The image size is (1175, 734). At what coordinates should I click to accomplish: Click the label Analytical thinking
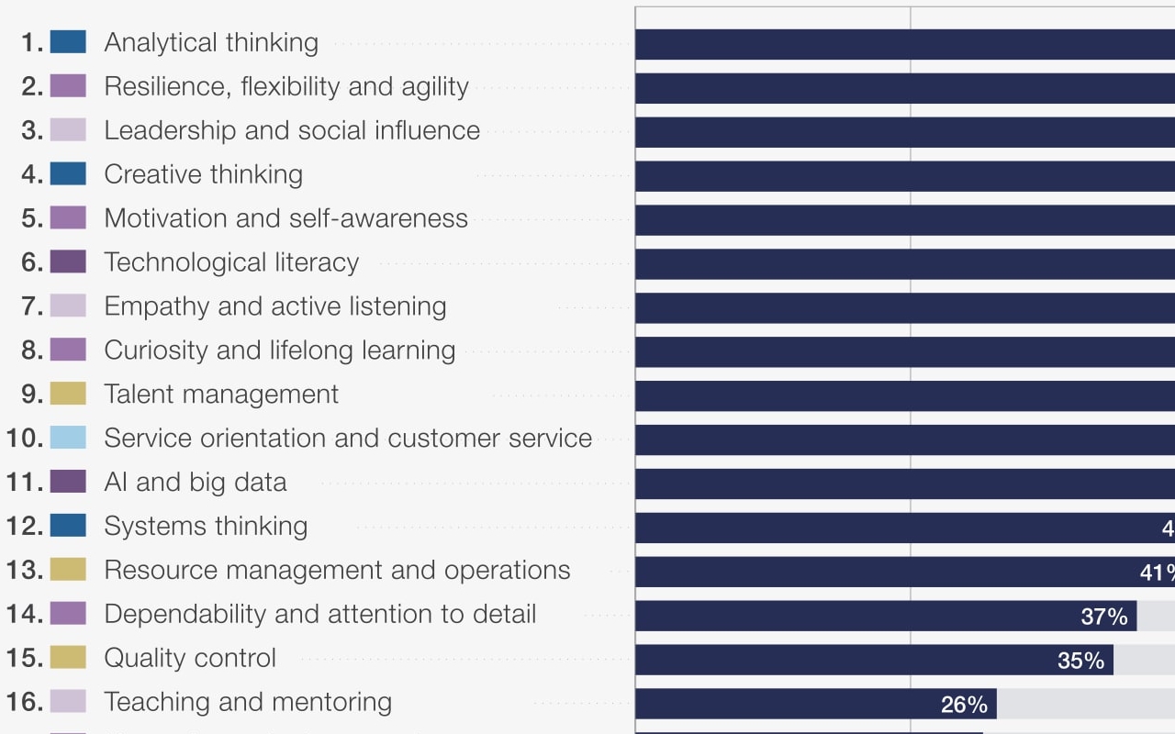[211, 42]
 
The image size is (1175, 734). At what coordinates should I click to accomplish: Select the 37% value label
[1104, 617]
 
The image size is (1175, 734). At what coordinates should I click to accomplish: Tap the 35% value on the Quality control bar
[1080, 661]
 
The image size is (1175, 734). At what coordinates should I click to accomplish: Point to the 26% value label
[964, 705]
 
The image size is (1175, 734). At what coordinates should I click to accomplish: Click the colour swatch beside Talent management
[68, 394]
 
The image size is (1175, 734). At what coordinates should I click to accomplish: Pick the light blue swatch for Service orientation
[68, 438]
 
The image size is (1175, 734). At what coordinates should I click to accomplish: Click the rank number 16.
[25, 702]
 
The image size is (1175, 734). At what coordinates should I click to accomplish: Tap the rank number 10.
[25, 438]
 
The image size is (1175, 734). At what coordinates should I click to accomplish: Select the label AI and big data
[196, 482]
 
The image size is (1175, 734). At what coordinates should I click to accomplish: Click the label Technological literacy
[231, 262]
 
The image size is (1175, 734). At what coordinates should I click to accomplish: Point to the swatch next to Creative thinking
[68, 173]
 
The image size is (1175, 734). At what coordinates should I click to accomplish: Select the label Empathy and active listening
[275, 306]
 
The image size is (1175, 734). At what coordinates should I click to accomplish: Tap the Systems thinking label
[206, 526]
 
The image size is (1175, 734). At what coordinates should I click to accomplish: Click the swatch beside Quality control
[68, 657]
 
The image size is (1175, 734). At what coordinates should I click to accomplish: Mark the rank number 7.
[32, 306]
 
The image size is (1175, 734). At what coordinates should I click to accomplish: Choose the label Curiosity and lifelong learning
[280, 350]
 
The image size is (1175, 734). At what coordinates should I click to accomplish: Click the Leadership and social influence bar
[904, 132]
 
